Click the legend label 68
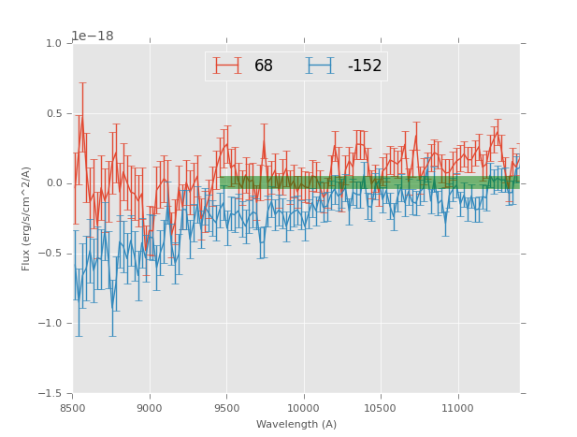pyautogui.click(x=264, y=66)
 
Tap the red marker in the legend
pyautogui.click(x=226, y=66)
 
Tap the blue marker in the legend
pyautogui.click(x=320, y=66)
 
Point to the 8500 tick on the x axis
pyautogui.click(x=73, y=408)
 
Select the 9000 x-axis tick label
pyautogui.click(x=150, y=408)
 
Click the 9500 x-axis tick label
pyautogui.click(x=226, y=408)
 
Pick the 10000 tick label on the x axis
pyautogui.click(x=304, y=408)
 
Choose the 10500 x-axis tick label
pyautogui.click(x=381, y=408)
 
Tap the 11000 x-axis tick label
pyautogui.click(x=458, y=408)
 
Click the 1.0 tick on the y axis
pyautogui.click(x=53, y=44)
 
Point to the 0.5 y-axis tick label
pyautogui.click(x=53, y=114)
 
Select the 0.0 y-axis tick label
pyautogui.click(x=53, y=183)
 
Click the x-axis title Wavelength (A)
pyautogui.click(x=296, y=425)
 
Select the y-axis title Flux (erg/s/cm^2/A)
pyautogui.click(x=27, y=218)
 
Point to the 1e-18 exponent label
pyautogui.click(x=93, y=36)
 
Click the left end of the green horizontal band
pyautogui.click(x=221, y=182)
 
